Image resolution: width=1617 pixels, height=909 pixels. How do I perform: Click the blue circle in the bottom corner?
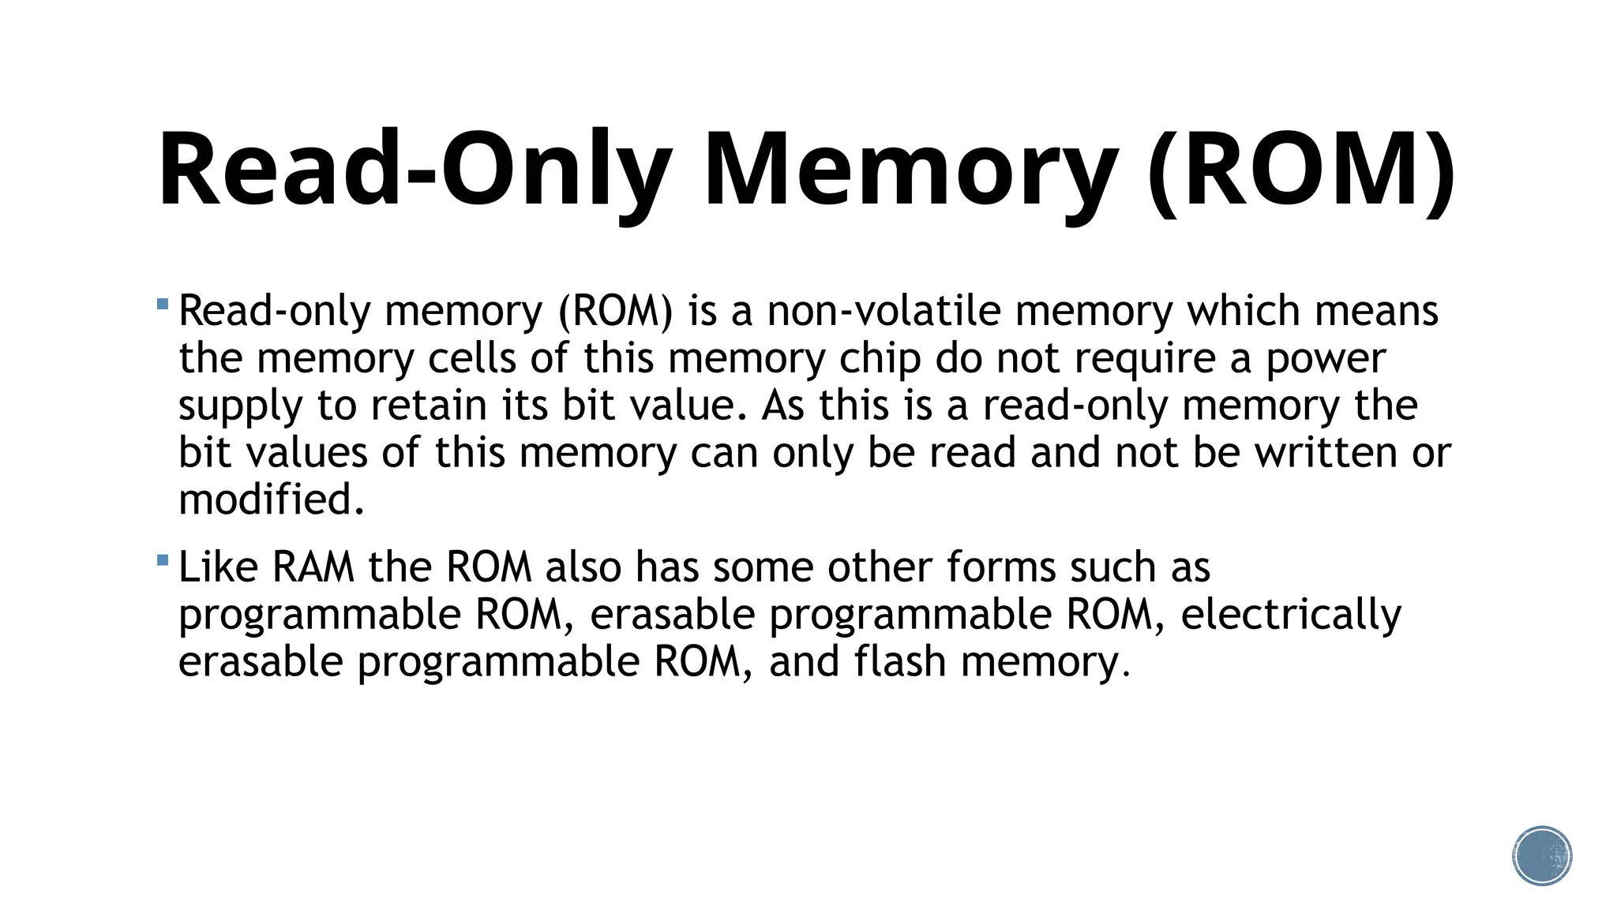coord(1542,856)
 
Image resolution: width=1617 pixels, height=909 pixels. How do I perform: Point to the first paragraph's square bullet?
coord(163,304)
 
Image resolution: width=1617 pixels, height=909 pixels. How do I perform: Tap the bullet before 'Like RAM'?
coord(163,560)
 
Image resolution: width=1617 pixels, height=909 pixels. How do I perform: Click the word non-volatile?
coord(884,311)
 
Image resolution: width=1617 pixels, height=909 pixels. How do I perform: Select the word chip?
coord(880,358)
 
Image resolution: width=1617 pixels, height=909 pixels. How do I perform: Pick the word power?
coord(1326,358)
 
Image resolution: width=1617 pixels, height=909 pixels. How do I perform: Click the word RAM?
coord(313,567)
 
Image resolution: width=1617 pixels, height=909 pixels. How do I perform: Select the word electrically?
coord(1291,615)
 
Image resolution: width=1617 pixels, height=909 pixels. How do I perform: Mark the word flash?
coord(899,661)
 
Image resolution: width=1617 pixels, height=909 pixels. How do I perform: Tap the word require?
coord(1144,358)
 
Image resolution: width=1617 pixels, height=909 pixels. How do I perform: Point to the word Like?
coord(218,567)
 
